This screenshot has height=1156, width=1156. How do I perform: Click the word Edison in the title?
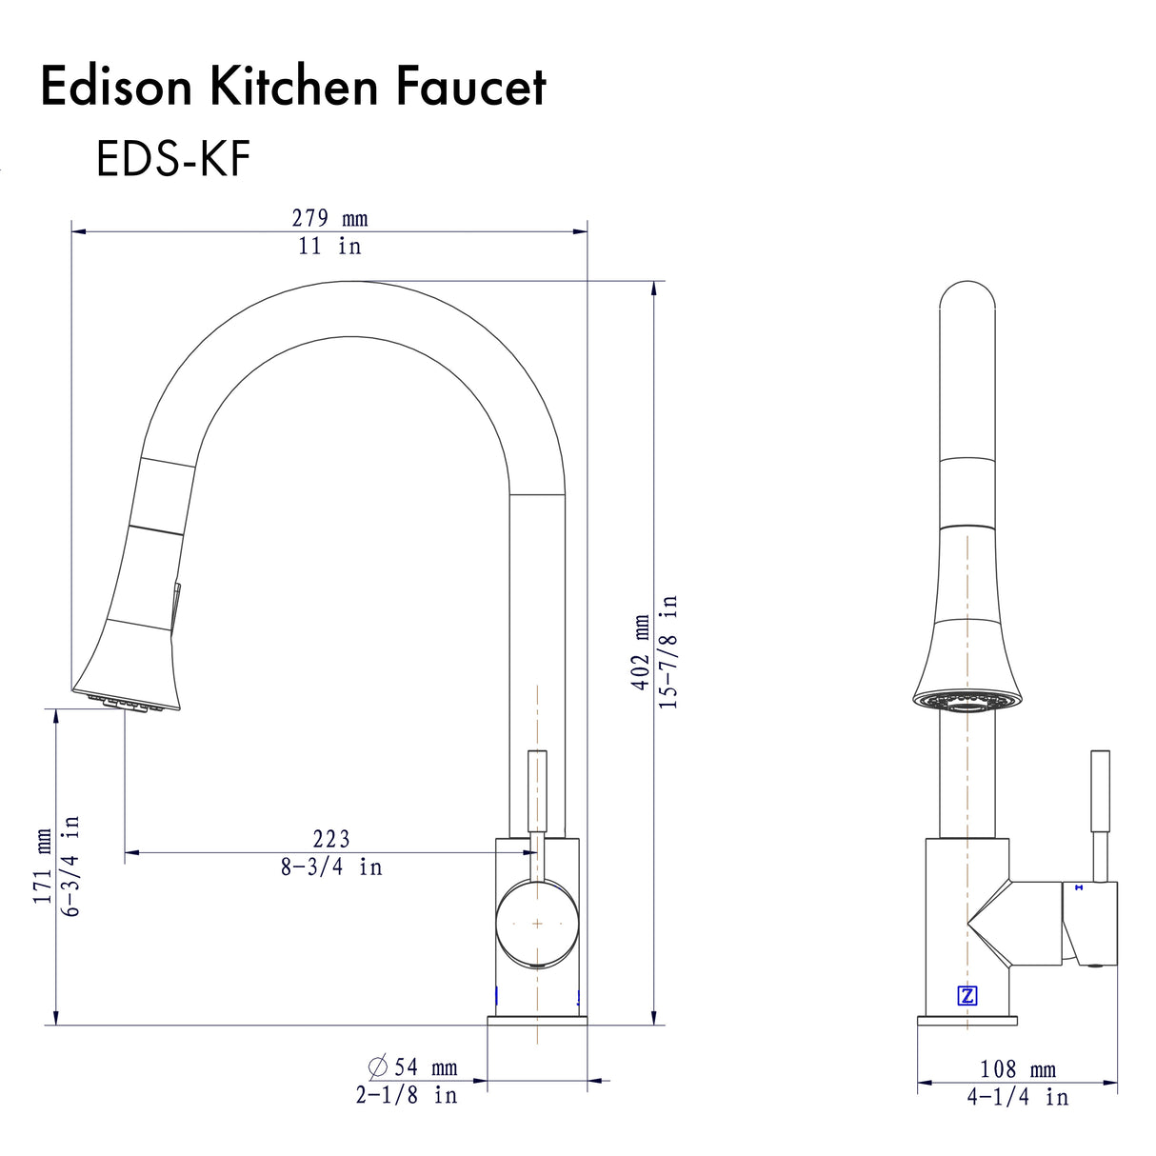pos(115,87)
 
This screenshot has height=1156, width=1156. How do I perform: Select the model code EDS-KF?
pos(172,158)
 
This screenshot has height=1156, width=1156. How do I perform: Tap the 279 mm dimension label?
pos(329,218)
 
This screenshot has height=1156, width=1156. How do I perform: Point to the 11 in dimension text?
pos(329,246)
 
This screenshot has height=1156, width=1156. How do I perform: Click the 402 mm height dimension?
pos(643,652)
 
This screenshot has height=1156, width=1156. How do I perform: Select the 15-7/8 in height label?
pos(669,651)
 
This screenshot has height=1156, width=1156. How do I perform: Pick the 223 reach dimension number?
pos(331,839)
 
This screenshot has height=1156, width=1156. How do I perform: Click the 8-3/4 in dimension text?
pos(331,867)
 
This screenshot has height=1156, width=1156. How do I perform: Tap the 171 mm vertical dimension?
pos(44,866)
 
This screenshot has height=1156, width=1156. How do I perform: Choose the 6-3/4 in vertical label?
pos(71,866)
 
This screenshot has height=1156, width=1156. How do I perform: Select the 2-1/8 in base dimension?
pos(407,1095)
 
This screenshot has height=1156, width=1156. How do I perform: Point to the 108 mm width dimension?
pos(1018,1069)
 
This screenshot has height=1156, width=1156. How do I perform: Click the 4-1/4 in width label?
pos(1018,1097)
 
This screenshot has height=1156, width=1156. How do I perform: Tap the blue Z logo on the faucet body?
pos(967,996)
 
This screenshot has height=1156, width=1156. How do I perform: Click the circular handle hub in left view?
pos(537,924)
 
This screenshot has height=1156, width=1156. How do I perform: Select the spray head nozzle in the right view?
pos(967,703)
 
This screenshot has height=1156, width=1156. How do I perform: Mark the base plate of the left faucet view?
pos(537,1021)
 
